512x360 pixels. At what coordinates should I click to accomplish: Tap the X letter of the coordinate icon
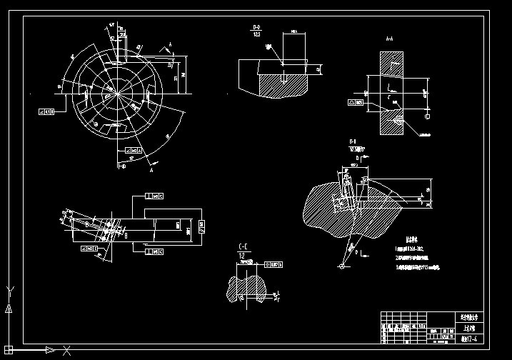66,350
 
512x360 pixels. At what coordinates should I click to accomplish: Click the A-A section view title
390,39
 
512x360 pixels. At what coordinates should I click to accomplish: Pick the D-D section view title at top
256,27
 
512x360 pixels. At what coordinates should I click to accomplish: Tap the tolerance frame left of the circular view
47,111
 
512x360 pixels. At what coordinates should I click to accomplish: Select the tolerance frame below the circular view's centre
132,150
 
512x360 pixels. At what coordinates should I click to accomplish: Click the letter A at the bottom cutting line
153,171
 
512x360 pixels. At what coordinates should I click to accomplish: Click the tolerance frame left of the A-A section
356,102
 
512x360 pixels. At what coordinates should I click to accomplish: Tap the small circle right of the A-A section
428,116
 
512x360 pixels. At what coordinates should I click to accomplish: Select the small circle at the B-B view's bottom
342,266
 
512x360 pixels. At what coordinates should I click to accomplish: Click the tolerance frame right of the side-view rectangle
203,227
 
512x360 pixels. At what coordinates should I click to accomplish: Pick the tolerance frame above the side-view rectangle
154,196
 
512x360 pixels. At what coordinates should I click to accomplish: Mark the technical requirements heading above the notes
411,239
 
